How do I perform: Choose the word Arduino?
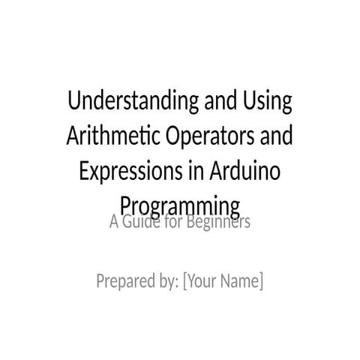pyautogui.click(x=246, y=170)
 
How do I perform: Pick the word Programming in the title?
pyautogui.click(x=180, y=204)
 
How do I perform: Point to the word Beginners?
pyautogui.click(x=219, y=223)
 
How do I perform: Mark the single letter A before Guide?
pyautogui.click(x=115, y=223)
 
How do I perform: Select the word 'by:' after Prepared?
pyautogui.click(x=169, y=261)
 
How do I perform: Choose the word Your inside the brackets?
pyautogui.click(x=202, y=261)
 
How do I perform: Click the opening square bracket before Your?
pyautogui.click(x=185, y=261)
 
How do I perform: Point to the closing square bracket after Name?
pyautogui.click(x=261, y=261)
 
